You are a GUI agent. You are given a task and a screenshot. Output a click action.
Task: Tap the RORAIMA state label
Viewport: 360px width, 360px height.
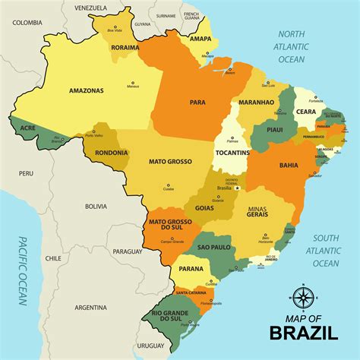(x=125, y=47)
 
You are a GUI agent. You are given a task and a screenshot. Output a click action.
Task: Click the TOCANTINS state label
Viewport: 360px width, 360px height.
(x=231, y=153)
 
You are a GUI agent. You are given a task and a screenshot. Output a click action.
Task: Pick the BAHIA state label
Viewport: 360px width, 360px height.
(x=289, y=165)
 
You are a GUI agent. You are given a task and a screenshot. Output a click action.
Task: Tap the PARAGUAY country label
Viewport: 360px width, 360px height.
(x=128, y=251)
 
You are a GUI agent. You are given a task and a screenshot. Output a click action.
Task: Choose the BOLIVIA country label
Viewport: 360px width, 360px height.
(x=96, y=206)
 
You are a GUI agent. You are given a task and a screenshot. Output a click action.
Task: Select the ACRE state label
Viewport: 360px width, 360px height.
(x=27, y=128)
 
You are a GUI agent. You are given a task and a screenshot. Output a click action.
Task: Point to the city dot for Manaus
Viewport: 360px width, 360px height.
(x=134, y=82)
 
